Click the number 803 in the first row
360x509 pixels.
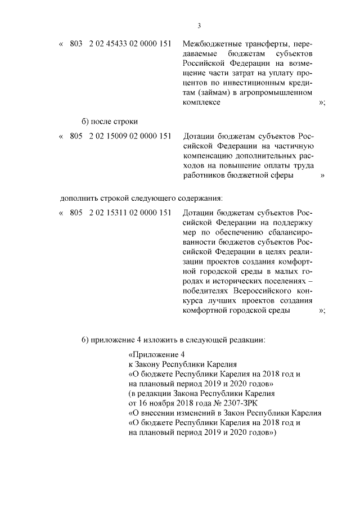pos(76,44)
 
